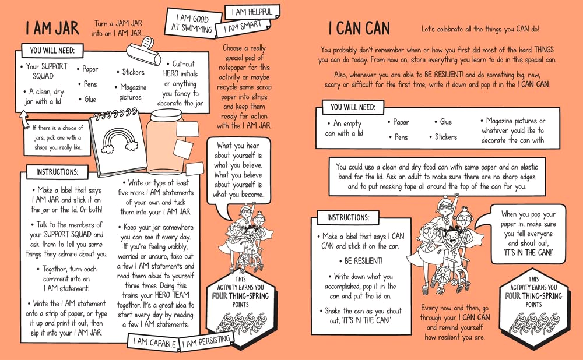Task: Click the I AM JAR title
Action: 52,28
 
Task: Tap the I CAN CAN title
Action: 359,28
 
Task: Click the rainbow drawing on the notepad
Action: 119,141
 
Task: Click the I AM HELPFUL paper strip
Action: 252,12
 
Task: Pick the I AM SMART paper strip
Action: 243,27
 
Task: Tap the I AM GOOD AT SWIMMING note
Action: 191,23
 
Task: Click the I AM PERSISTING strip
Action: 206,340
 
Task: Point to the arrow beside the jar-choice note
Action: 24,120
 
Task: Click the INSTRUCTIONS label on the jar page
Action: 57,172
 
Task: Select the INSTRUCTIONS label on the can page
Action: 348,217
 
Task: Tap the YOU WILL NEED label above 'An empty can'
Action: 353,107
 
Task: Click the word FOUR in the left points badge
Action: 219,296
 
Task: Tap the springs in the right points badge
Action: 533,323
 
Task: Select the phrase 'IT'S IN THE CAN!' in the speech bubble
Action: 528,253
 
